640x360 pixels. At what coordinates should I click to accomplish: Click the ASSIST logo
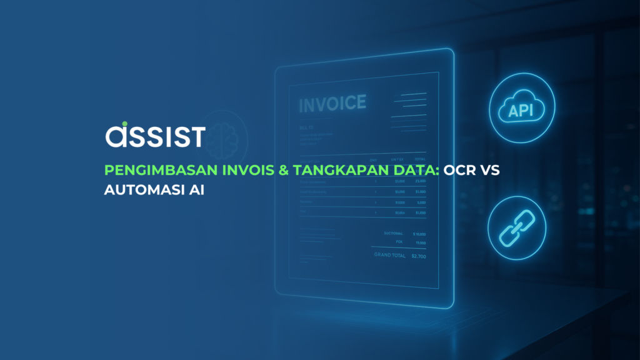point(155,134)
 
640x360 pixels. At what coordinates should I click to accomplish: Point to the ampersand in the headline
point(281,171)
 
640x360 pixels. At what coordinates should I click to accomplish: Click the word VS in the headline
point(491,171)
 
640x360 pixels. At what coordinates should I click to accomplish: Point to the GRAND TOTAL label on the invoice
point(390,256)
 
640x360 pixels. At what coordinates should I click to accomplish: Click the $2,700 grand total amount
point(417,256)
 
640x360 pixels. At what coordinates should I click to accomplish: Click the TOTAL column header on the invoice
point(419,159)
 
